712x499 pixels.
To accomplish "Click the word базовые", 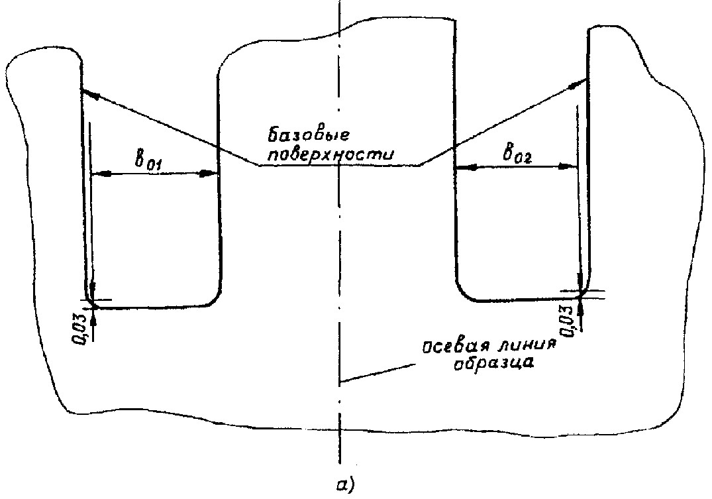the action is [x=309, y=135].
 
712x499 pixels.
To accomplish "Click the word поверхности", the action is [x=330, y=155].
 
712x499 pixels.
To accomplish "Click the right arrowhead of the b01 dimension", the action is [x=209, y=173].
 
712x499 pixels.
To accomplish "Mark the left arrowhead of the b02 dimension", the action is [x=464, y=168].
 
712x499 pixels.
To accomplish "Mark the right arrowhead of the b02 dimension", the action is [x=568, y=166].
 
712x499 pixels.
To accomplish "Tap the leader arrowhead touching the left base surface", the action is [x=90, y=93].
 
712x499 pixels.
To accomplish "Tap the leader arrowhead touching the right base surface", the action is [x=579, y=83].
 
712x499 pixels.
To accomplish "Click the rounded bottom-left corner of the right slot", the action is [x=462, y=292].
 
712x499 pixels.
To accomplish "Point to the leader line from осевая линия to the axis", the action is [x=378, y=372].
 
